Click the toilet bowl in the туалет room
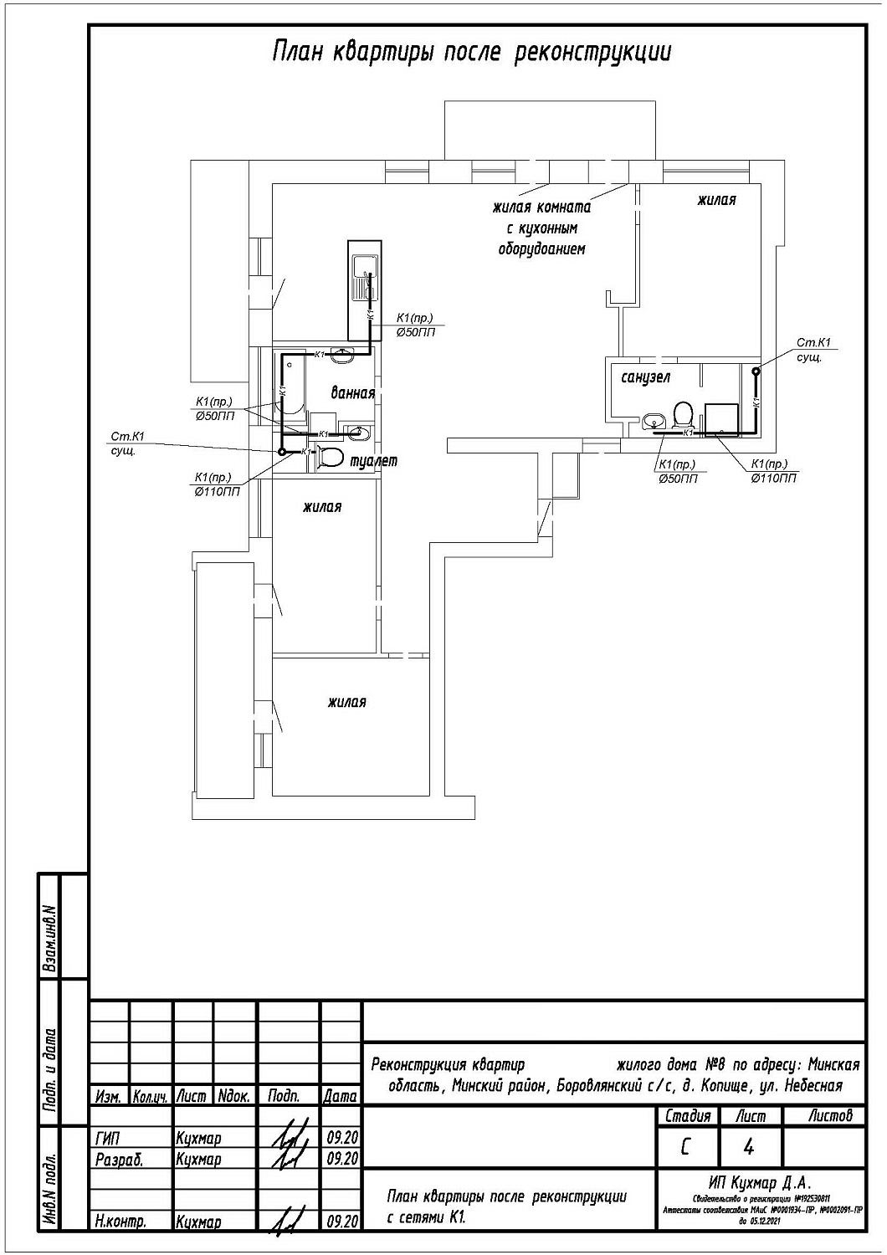(331, 457)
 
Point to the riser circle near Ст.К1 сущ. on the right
(756, 371)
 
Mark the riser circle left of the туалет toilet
(282, 452)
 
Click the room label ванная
(351, 393)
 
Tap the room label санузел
(645, 377)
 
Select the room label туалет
(373, 460)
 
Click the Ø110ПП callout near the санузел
(774, 478)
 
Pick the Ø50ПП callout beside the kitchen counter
(415, 332)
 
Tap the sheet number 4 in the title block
(748, 1148)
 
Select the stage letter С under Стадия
(686, 1148)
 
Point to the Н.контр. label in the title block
(120, 1221)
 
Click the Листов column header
(830, 1116)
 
